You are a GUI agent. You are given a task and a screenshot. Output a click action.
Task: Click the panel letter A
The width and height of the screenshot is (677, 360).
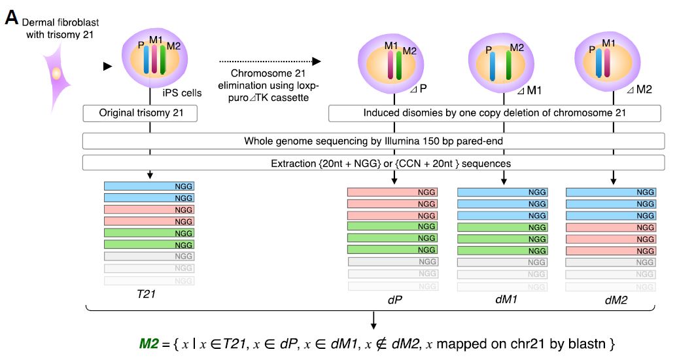coord(11,16)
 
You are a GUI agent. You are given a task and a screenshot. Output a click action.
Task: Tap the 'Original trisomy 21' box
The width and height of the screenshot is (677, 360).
coord(141,113)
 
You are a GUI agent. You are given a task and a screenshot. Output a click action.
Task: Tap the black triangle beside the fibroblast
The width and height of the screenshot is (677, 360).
coord(108,66)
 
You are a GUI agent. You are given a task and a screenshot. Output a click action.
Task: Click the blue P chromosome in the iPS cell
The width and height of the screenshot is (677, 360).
coord(147,61)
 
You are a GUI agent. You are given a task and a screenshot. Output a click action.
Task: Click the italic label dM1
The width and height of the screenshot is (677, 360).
coord(502,300)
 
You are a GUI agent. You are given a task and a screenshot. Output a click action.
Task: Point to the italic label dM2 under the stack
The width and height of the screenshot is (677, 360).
coord(611,300)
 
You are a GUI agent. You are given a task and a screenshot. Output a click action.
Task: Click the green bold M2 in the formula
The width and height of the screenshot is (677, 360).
coord(149,343)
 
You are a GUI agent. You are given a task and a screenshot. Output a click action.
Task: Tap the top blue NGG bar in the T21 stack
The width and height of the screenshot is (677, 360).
coord(149,187)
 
